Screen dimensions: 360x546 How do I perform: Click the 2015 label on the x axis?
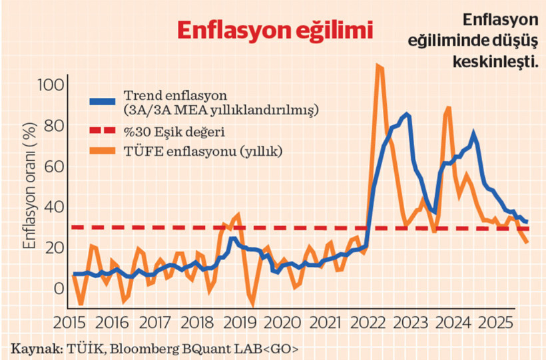(71, 323)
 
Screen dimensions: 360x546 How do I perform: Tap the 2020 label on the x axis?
(282, 323)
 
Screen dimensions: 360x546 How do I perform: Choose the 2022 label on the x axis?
(367, 323)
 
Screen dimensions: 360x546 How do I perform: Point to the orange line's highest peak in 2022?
(379, 65)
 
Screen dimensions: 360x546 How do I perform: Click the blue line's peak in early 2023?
(407, 114)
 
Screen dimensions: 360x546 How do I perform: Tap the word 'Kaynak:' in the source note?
(33, 348)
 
